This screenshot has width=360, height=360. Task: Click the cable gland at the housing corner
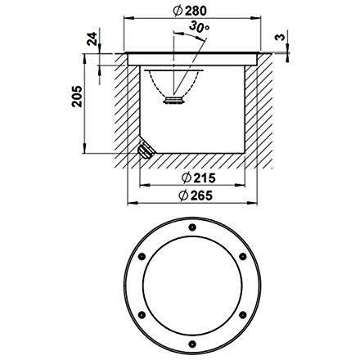click(146, 151)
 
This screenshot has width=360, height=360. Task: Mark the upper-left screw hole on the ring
click(144, 257)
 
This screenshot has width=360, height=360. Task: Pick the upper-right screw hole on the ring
click(243, 257)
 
